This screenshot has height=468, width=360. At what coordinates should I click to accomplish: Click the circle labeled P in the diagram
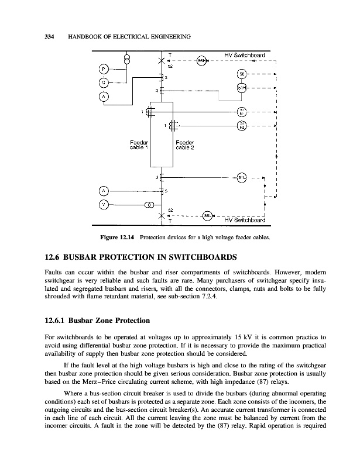(103, 68)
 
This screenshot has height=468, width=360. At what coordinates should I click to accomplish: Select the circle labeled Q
(103, 82)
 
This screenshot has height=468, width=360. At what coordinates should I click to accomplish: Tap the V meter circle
(103, 204)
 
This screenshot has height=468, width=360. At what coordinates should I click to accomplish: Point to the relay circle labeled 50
(242, 74)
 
